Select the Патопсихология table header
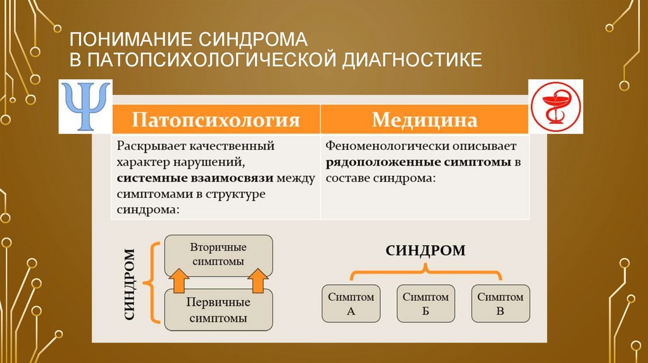coord(215,120)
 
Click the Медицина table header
coord(424,120)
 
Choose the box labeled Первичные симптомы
coord(218,309)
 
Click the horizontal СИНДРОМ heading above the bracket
coord(425,250)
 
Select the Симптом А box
coord(351,304)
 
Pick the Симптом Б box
coord(426,304)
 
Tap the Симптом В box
coord(500,304)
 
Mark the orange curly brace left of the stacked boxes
coord(151,283)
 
